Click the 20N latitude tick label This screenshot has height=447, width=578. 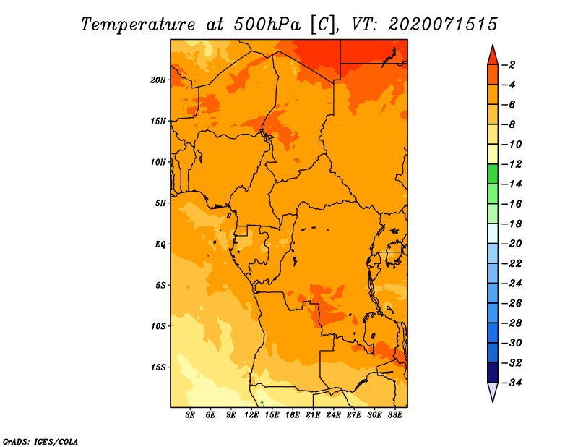(x=158, y=80)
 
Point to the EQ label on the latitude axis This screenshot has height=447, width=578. (x=160, y=244)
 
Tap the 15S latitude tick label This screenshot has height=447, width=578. (x=158, y=367)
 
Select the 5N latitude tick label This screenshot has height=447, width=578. (x=160, y=203)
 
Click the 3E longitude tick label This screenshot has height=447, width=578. (x=190, y=414)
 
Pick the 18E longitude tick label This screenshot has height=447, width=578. (x=293, y=414)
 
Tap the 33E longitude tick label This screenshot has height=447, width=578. (x=394, y=414)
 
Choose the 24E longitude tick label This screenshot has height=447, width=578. (x=333, y=414)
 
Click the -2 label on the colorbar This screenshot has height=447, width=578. (x=509, y=65)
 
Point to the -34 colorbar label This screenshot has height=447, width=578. (x=512, y=383)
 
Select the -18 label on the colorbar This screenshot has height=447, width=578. (x=512, y=223)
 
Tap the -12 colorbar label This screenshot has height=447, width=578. (x=512, y=164)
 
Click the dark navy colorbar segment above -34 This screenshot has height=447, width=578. (x=493, y=372)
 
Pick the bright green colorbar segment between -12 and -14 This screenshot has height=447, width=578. (x=493, y=174)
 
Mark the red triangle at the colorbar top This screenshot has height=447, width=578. (x=493, y=56)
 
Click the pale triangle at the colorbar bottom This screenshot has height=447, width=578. (x=493, y=391)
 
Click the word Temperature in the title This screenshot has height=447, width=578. (x=138, y=25)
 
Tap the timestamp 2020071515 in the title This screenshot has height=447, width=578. (x=443, y=25)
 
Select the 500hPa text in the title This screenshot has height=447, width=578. (x=267, y=25)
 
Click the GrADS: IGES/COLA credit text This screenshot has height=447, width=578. (x=40, y=442)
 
